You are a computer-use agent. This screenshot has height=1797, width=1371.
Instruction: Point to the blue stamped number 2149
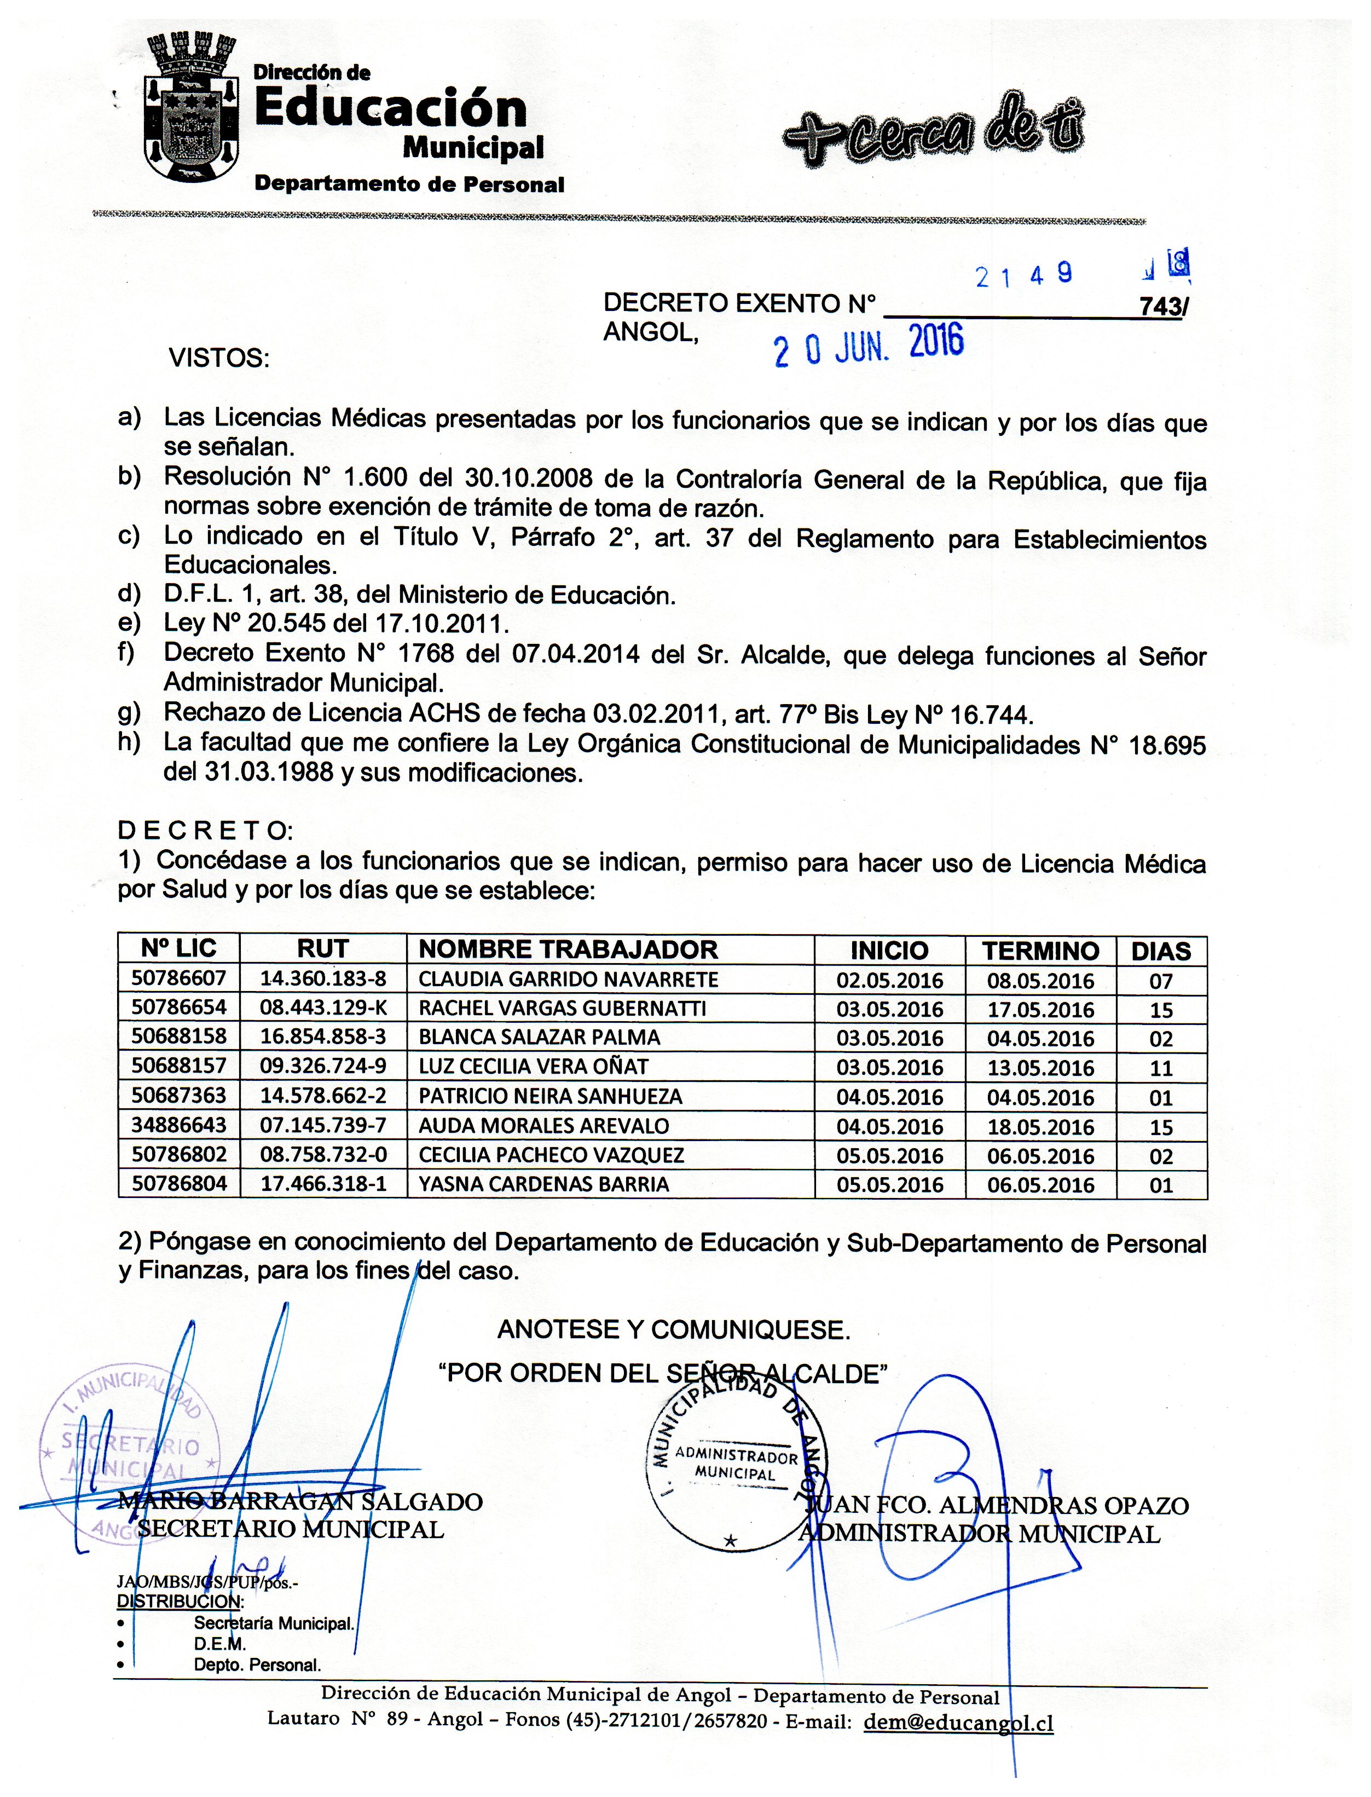(x=1023, y=276)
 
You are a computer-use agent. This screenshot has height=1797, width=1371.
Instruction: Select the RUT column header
(x=322, y=949)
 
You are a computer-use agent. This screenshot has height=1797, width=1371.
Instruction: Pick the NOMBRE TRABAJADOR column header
(x=568, y=949)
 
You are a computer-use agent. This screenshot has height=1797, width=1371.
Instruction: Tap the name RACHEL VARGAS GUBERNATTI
(x=562, y=1009)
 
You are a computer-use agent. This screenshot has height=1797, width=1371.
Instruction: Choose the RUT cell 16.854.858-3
(x=322, y=1038)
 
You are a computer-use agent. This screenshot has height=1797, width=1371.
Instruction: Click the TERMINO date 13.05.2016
(x=1040, y=1068)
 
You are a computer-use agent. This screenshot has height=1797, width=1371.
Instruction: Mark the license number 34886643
(x=179, y=1126)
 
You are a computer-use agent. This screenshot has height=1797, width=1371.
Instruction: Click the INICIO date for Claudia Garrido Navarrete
(x=889, y=980)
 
